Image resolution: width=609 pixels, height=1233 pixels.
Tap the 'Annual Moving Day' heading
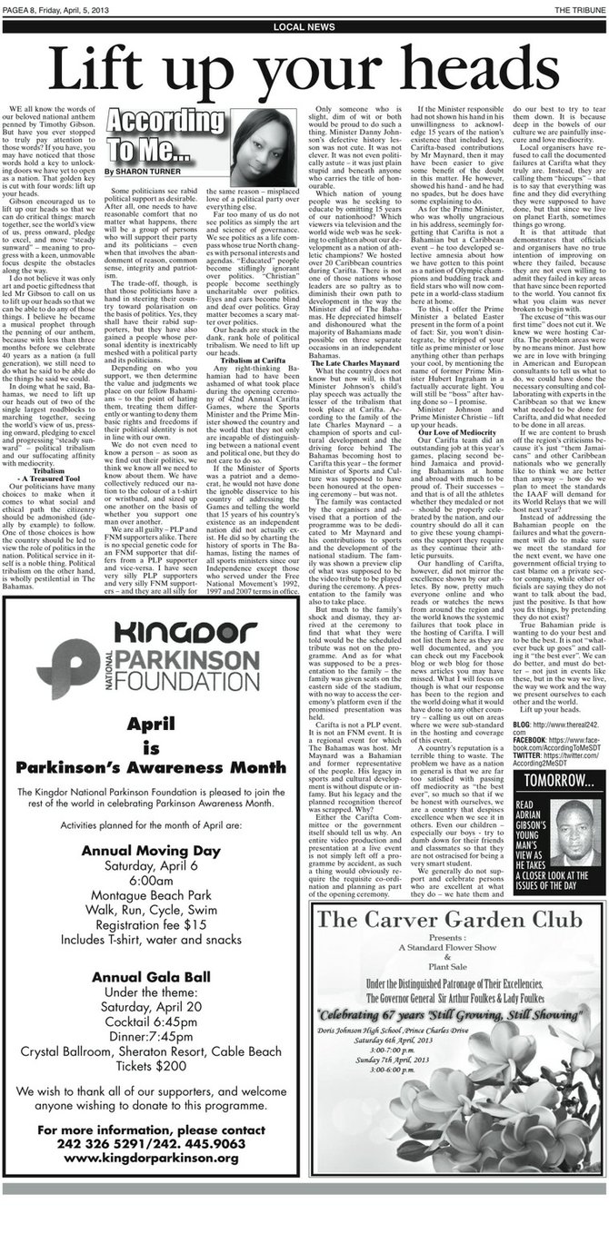point(151,851)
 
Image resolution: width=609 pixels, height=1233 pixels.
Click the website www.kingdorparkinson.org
point(151,1183)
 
